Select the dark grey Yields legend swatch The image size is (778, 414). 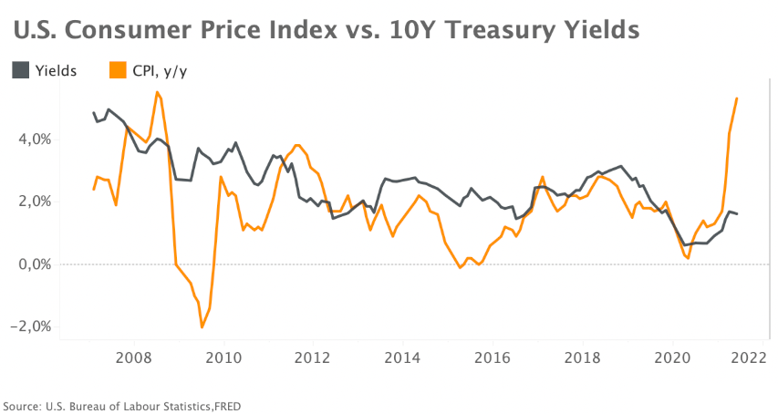coord(20,70)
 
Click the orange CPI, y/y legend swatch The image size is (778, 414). coord(118,70)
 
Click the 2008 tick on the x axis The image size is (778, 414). coord(133,357)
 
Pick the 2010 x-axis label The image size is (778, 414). coord(223,357)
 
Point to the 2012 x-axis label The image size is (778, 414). coord(313,357)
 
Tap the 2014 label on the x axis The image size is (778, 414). coord(402,357)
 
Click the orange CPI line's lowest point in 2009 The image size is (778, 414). coord(202,326)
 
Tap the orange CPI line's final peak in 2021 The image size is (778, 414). coord(737,98)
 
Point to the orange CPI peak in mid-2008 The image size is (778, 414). coord(157,92)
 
